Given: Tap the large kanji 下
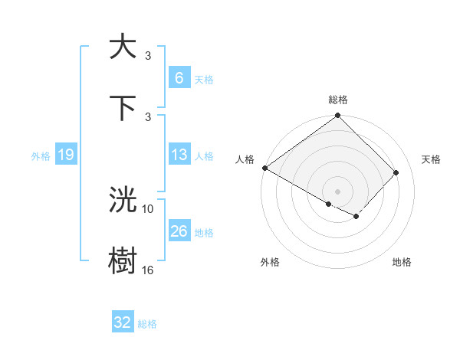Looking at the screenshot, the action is pos(123,107).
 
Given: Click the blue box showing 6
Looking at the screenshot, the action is pos(179,78).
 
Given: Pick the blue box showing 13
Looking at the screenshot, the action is pos(179,155).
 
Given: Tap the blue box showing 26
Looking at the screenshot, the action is pos(179,231).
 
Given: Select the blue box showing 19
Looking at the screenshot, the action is pos(65,155).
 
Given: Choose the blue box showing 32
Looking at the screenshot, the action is pos(123,322).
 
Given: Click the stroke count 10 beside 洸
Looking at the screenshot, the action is pos(148,208).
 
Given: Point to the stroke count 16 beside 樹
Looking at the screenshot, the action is pos(148,270).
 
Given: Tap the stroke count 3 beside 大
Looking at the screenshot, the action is pos(148,55).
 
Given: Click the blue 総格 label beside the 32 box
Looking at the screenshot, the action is pos(147,324).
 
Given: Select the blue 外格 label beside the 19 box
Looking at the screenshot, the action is pos(41,156).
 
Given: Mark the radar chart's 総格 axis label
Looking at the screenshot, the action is pos(338,100).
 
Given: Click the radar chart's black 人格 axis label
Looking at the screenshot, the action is pos(245,159).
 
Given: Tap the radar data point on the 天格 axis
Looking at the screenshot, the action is pos(396,172).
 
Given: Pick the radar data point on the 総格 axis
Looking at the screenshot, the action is pos(337,116).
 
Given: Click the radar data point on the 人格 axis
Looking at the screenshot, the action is pos(264,168).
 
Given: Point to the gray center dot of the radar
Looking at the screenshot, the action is pos(337,191).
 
